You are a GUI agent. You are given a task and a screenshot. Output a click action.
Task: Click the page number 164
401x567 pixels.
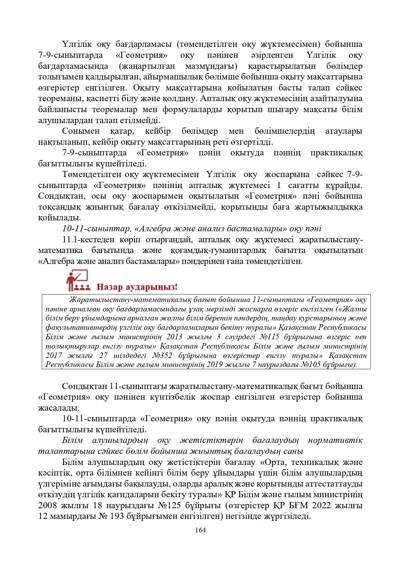200,530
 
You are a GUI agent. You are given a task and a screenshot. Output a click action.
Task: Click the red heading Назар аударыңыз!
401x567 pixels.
137,287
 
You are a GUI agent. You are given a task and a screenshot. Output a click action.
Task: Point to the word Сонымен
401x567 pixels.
78,131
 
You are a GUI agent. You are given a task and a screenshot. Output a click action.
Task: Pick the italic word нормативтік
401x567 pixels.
335,440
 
